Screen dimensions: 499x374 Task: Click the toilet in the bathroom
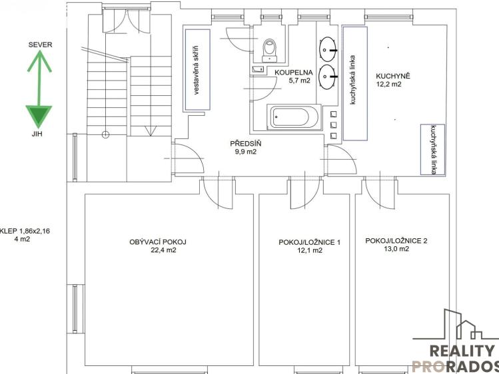[270, 50]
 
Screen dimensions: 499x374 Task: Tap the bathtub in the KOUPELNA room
[294, 117]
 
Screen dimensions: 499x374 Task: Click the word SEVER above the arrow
[40, 45]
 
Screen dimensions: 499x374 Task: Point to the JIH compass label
[37, 134]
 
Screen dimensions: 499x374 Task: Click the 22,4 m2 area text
[164, 250]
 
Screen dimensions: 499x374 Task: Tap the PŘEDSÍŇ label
[246, 144]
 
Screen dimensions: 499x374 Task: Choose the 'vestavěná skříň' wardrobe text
[196, 71]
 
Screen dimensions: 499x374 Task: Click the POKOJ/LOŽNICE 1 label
[310, 242]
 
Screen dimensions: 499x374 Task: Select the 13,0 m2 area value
[396, 249]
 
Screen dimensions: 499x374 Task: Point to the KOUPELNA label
[294, 73]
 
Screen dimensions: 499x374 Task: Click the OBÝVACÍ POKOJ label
[158, 242]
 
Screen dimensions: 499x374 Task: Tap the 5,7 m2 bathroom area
[299, 81]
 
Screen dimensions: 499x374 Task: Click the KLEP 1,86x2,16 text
[25, 231]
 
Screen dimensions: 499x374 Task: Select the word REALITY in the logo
[462, 351]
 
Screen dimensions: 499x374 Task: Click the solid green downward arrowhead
[39, 115]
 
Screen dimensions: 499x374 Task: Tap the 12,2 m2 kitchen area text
[388, 85]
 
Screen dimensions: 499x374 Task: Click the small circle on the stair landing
[105, 134]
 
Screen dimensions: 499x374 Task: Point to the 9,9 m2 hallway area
[246, 152]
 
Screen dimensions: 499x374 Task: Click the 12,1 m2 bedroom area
[310, 250]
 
